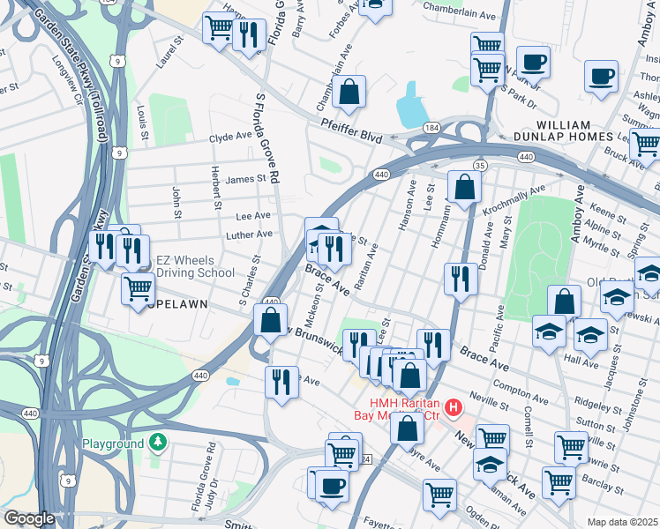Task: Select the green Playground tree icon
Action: coord(157,441)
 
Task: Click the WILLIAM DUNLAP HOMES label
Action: coord(562,131)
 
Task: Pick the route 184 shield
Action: coord(431,129)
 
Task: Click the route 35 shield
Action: coord(479,165)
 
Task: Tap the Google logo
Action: coord(30,518)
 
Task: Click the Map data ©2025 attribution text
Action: coord(622,522)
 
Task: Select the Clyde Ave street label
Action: coord(230,138)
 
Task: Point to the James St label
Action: coord(245,179)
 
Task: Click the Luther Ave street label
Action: coord(250,235)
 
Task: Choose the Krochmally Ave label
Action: coord(514,201)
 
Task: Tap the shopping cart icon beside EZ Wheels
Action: coord(138,288)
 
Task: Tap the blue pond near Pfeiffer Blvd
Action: coord(411,107)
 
